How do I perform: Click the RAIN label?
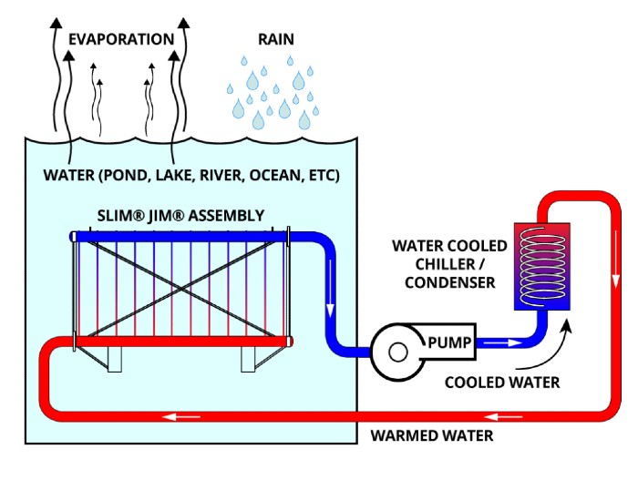click(274, 39)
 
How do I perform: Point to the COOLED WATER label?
click(502, 382)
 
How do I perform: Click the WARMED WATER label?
click(432, 434)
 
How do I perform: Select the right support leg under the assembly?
click(249, 360)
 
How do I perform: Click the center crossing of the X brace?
click(180, 288)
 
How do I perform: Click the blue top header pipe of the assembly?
click(182, 237)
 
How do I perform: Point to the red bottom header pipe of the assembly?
click(182, 341)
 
